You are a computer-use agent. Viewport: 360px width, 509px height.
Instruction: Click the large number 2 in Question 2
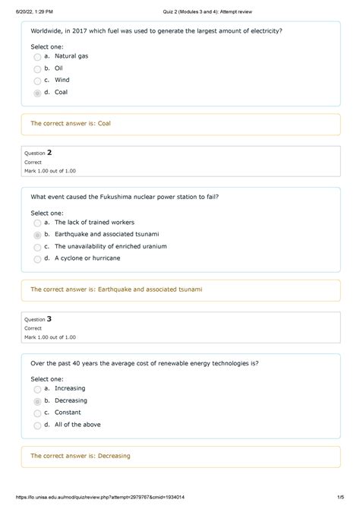(x=49, y=153)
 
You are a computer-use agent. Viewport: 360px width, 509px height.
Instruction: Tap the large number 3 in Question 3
(x=49, y=319)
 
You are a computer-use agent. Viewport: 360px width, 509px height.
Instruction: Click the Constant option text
(x=70, y=413)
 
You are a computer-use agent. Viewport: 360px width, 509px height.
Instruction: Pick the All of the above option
(x=77, y=425)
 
